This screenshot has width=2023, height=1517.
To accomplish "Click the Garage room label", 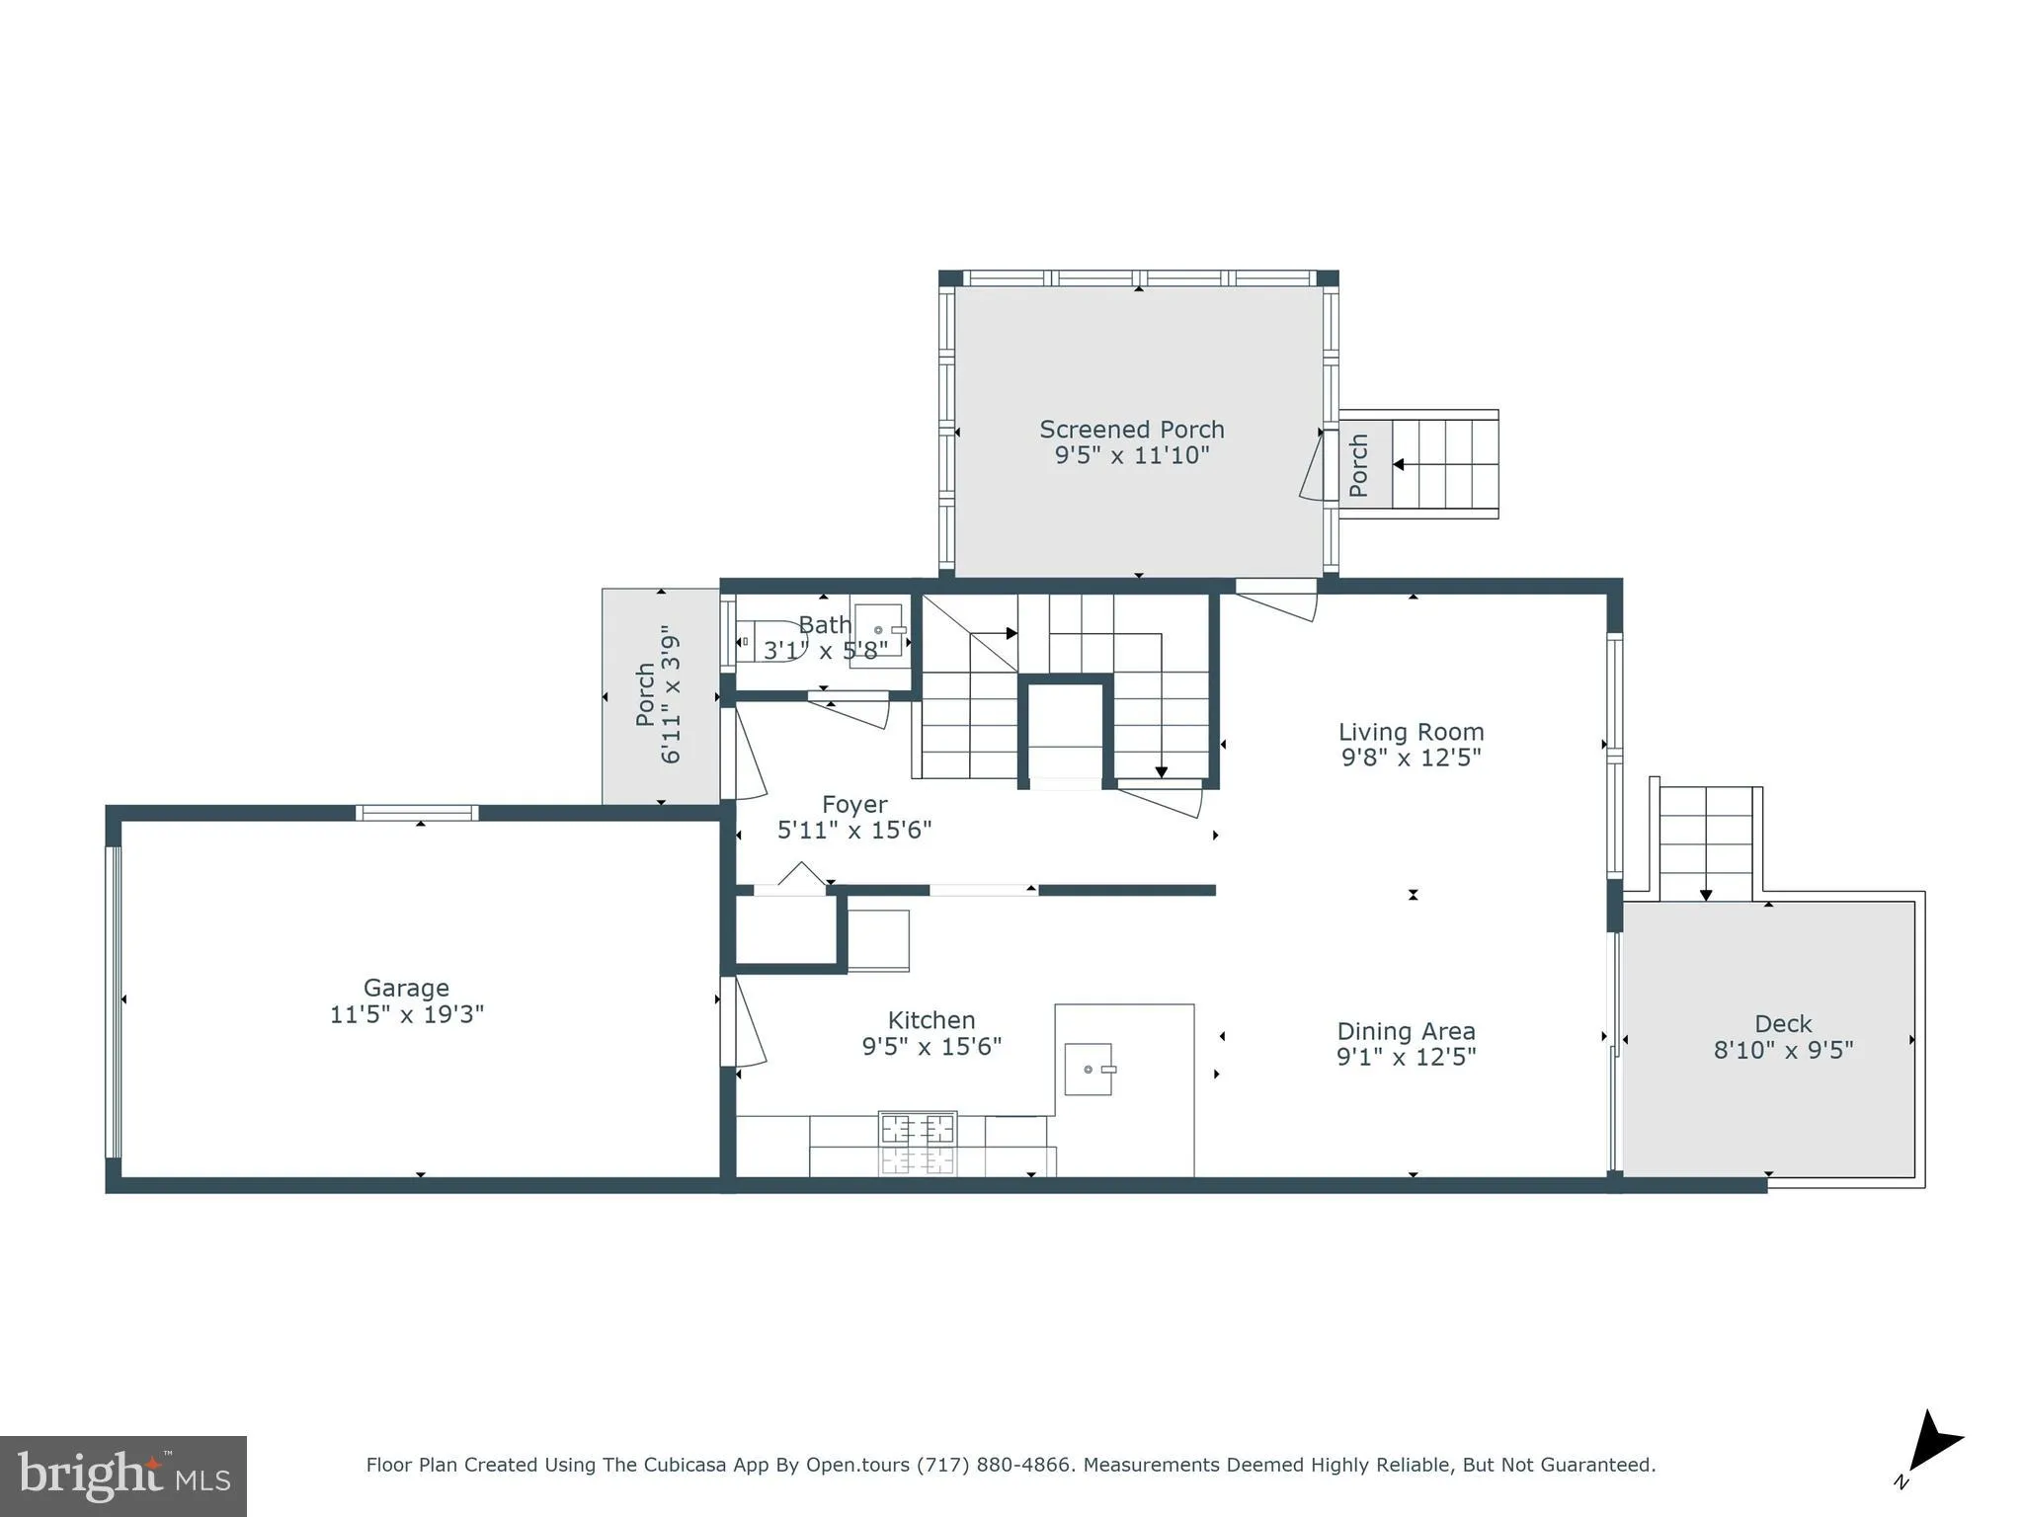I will (406, 988).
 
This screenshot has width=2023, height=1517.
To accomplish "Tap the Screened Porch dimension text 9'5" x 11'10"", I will (1131, 456).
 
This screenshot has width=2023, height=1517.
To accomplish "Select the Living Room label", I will (1411, 732).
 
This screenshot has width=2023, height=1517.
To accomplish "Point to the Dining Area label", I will (1406, 1031).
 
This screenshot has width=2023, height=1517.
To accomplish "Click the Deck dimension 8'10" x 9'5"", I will (1782, 1050).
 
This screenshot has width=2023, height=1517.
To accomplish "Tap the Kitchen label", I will (931, 1020).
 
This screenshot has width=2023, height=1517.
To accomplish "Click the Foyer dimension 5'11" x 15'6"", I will (853, 831).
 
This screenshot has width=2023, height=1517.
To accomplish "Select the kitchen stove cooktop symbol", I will (918, 1128).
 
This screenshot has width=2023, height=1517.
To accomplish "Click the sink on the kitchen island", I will (1089, 1069).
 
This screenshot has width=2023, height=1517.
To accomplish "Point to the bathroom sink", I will (878, 630).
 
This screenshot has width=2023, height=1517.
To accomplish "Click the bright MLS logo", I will (123, 1477).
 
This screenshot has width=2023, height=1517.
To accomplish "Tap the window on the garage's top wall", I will (417, 813).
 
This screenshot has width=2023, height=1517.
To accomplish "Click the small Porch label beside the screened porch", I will (1359, 465).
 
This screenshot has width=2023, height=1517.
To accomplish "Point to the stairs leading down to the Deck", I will (1706, 841).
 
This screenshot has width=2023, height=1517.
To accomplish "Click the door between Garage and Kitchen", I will (743, 1021).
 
